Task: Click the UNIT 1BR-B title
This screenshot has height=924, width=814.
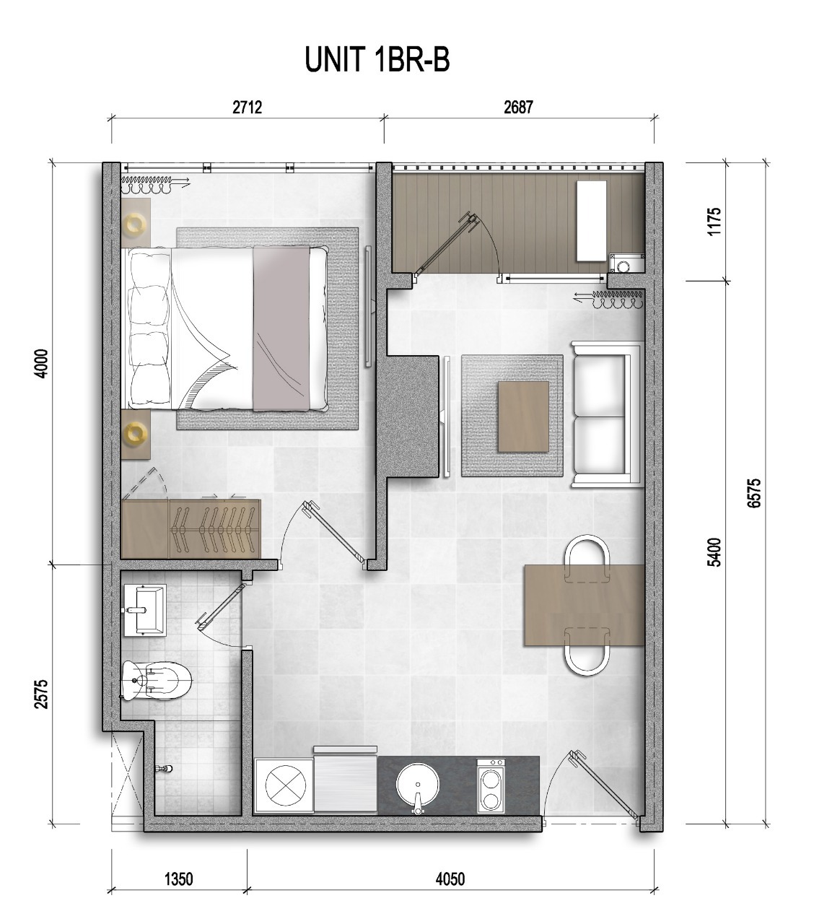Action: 377,60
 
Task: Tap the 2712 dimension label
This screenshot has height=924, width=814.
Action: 248,107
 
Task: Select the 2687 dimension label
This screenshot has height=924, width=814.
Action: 519,107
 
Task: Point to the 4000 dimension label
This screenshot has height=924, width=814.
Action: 41,364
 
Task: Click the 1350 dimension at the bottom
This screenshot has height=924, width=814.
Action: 179,879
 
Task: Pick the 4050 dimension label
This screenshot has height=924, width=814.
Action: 450,879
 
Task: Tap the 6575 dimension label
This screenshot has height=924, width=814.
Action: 754,492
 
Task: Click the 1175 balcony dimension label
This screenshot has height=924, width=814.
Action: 714,221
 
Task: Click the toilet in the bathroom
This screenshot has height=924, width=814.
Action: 157,680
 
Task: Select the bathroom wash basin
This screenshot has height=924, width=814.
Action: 144,610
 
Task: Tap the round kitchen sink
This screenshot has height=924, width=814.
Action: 417,785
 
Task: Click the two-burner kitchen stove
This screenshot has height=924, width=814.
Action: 491,786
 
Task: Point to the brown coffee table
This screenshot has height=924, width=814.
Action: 523,417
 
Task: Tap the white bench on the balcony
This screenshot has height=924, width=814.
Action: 592,221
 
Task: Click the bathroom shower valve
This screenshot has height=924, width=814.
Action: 164,769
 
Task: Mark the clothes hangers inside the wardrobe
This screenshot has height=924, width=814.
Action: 214,529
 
